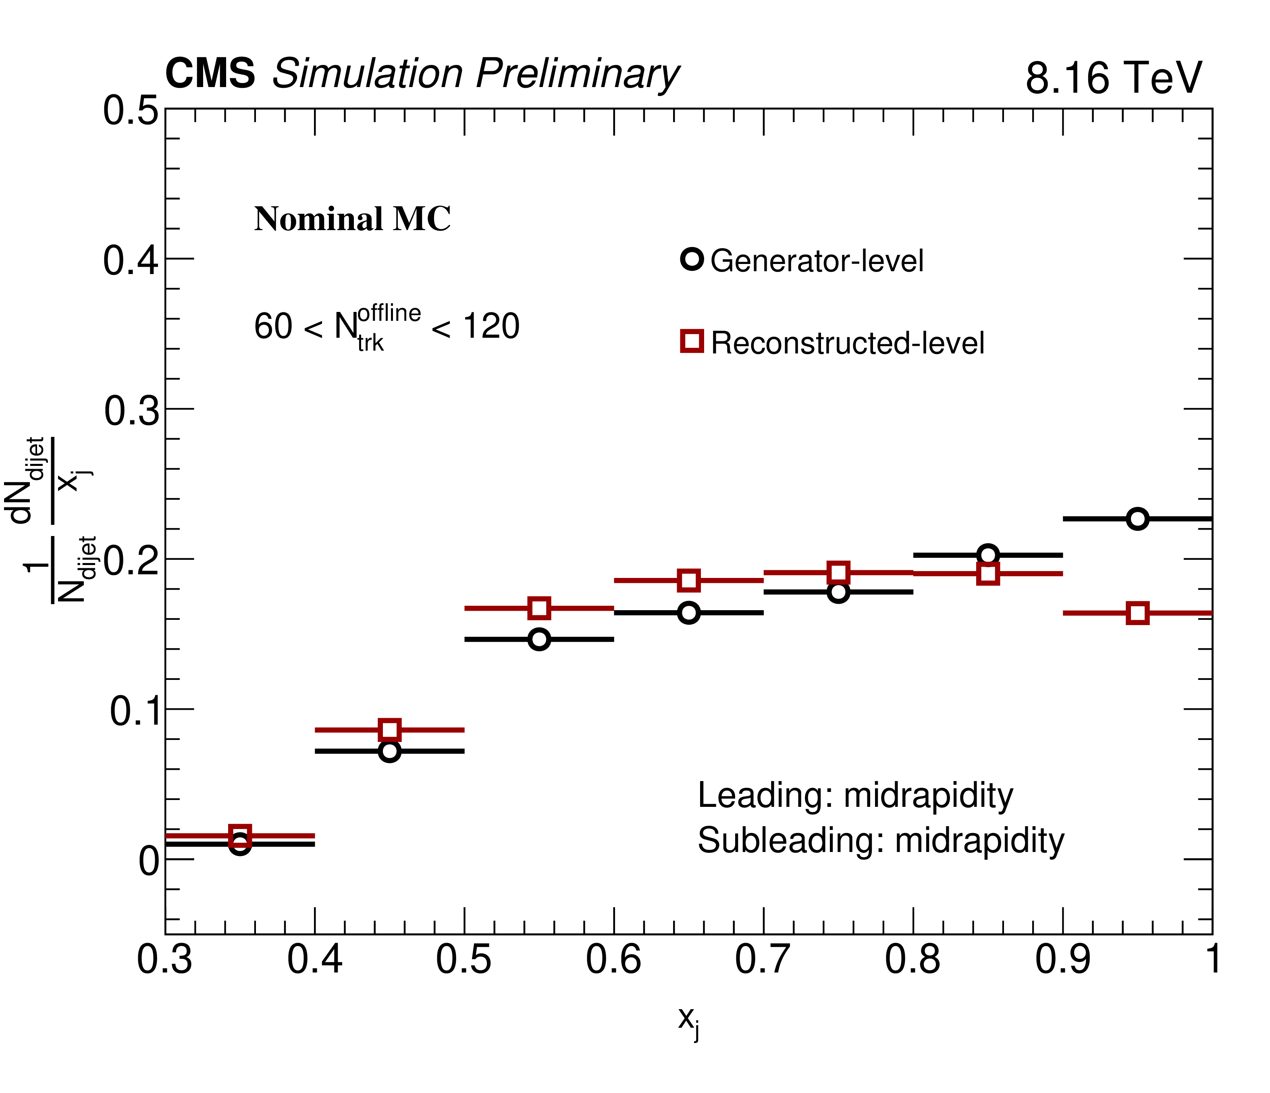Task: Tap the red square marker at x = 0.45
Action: tap(389, 729)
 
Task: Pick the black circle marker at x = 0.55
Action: tap(539, 639)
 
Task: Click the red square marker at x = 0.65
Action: tap(689, 580)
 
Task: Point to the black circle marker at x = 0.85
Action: tap(987, 555)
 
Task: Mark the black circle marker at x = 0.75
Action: tap(838, 592)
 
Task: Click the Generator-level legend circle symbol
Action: tap(692, 259)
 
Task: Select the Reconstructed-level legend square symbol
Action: tap(692, 341)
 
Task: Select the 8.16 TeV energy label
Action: tap(1113, 78)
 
